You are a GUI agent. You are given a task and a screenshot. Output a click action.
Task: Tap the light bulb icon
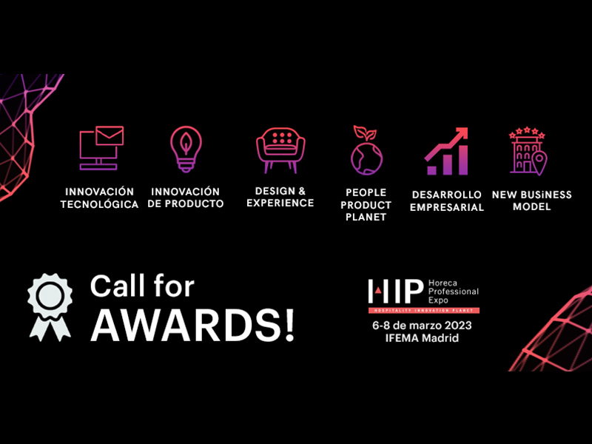coord(186,149)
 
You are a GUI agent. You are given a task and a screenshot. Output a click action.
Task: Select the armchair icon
coord(280,150)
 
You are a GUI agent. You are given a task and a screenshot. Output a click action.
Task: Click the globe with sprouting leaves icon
coord(366,150)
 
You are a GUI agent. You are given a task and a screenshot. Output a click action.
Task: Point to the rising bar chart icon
coord(446,152)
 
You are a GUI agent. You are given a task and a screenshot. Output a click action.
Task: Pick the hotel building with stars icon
coord(528,152)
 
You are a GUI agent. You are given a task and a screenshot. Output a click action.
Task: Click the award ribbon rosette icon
coord(50,307)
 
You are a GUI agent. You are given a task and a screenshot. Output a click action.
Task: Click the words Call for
coord(142,286)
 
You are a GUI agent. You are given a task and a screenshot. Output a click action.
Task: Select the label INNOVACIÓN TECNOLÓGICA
coord(99,198)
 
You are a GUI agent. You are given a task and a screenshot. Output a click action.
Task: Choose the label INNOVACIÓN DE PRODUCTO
coord(186,198)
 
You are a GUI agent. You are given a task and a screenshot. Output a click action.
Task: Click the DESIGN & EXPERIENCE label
coord(280,197)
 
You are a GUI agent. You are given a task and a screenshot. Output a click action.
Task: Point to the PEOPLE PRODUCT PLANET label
coord(366,205)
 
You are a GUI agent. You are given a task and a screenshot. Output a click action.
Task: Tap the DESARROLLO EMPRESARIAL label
coord(447,201)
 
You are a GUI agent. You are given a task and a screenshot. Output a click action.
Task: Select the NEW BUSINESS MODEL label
coord(531,201)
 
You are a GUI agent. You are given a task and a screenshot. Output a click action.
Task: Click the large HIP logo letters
coord(396,291)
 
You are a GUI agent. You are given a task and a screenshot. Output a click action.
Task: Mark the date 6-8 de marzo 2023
coord(422,326)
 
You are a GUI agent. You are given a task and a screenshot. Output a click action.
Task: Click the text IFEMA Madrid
coord(422,338)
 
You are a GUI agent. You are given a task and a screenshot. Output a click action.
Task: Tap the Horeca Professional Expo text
coord(454,292)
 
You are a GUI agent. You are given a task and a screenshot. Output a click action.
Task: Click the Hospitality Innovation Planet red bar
coord(424,310)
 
